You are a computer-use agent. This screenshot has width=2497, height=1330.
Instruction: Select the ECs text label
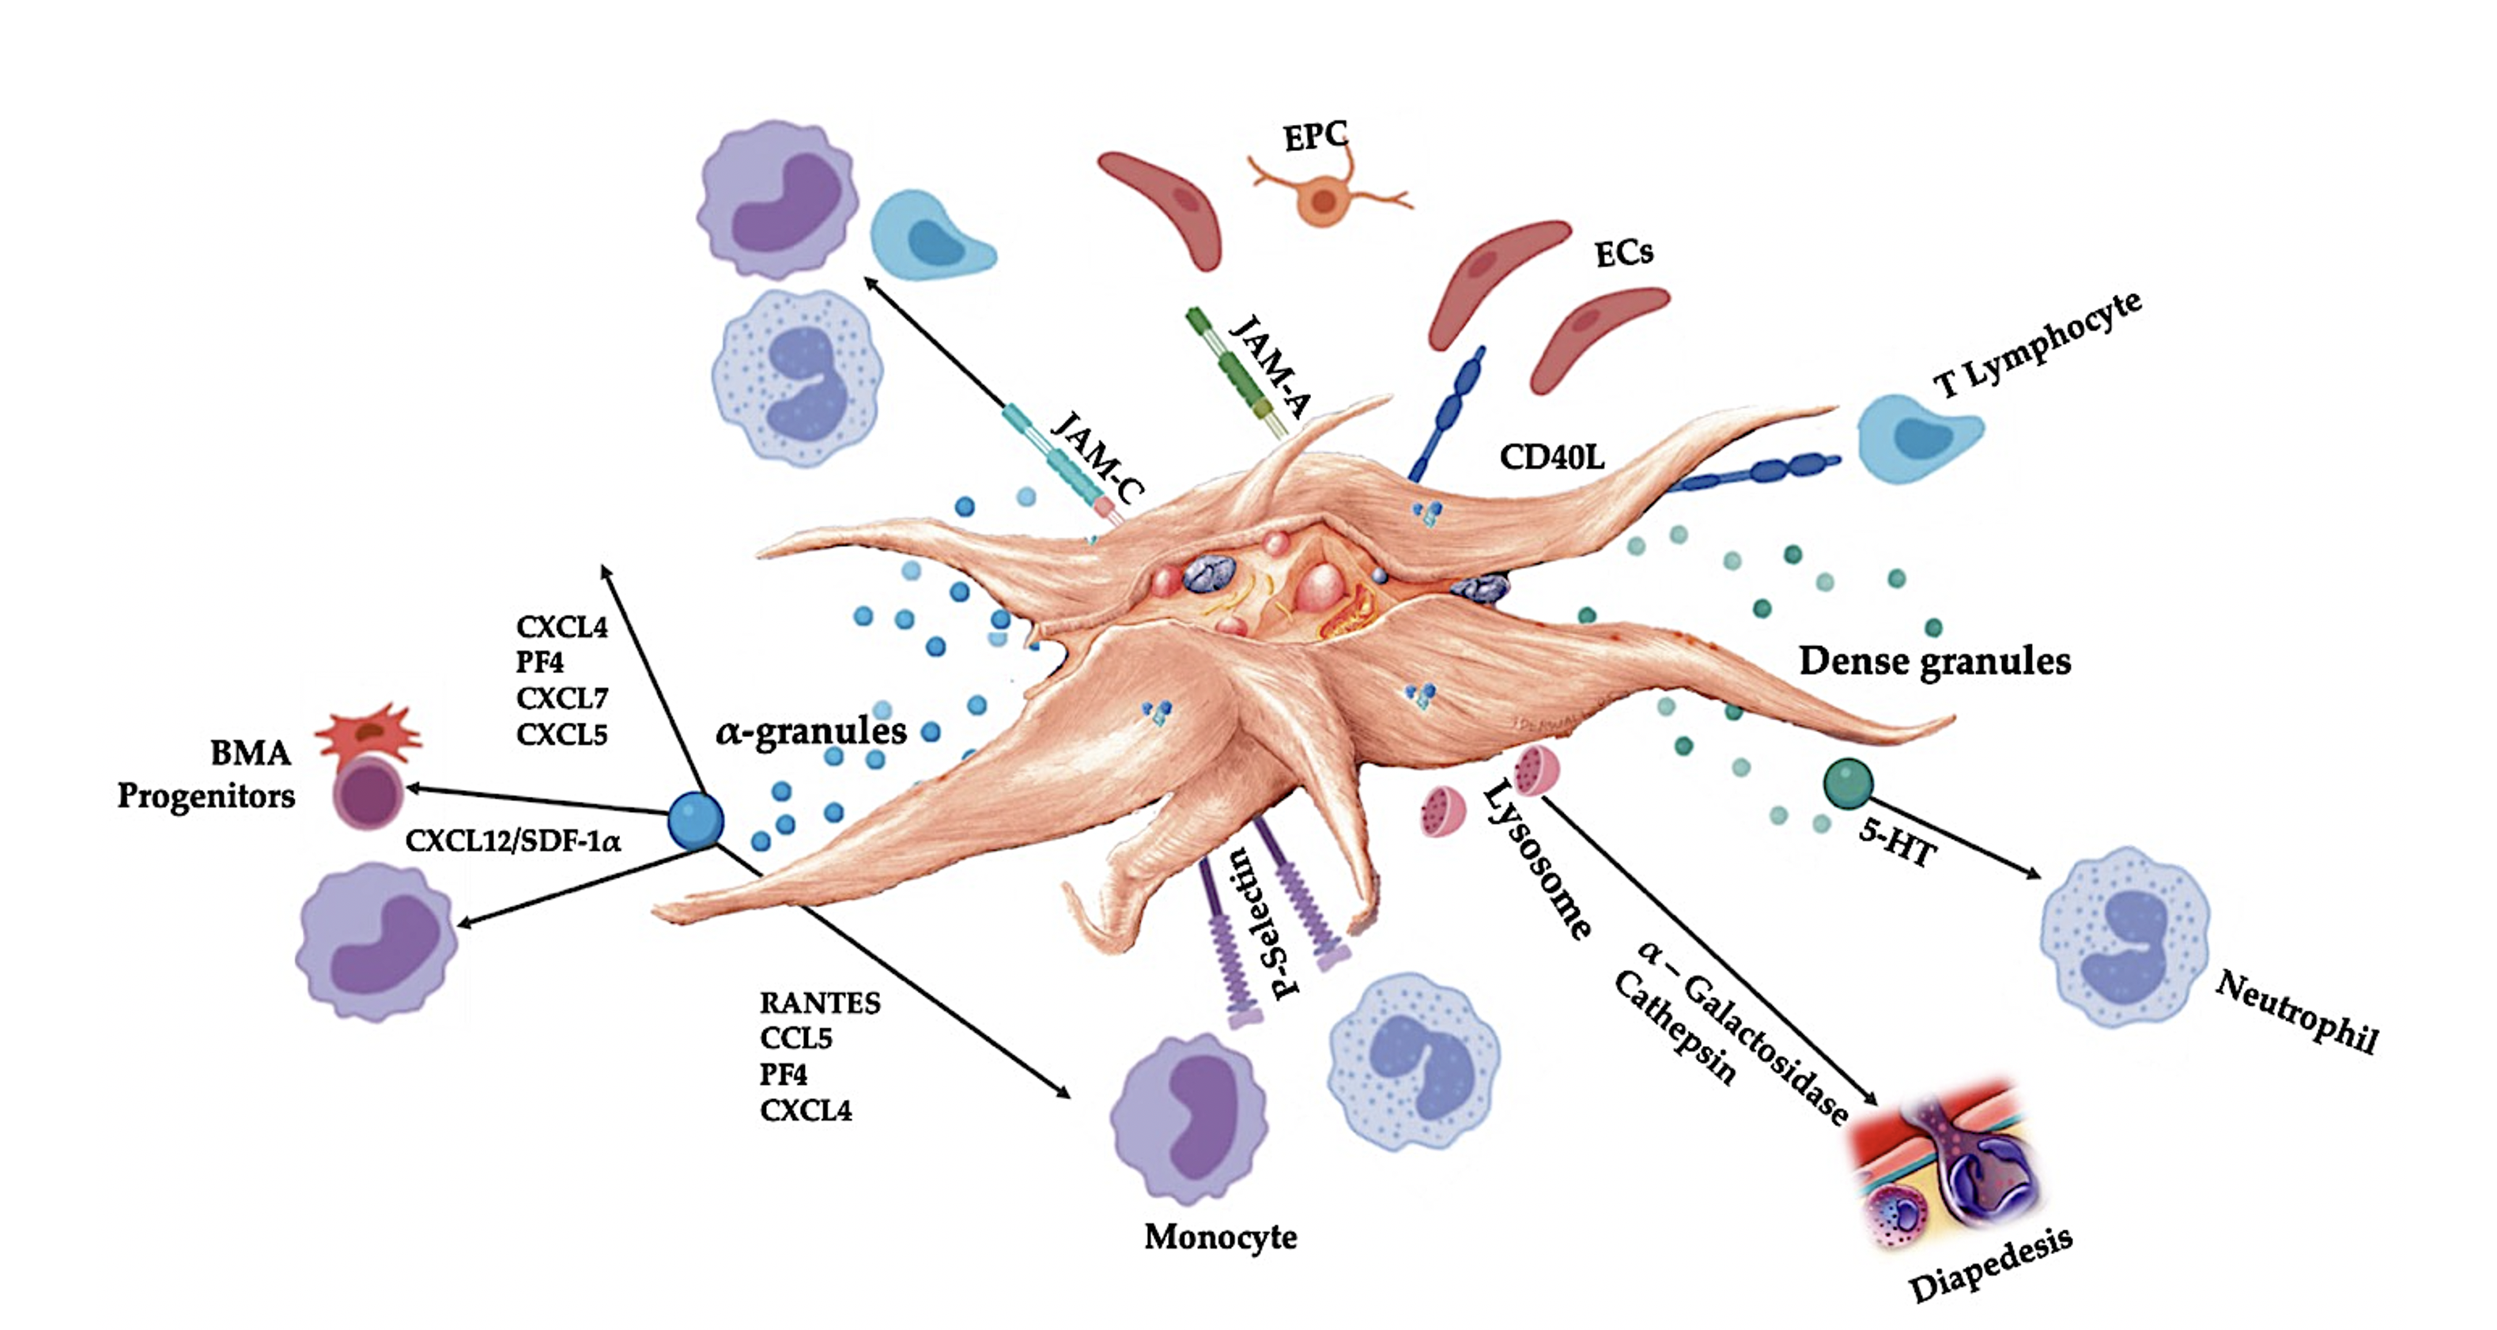tap(1623, 254)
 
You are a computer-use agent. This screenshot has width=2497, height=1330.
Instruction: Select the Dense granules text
tap(1935, 661)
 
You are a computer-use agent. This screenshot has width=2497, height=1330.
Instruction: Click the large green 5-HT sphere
tap(1848, 784)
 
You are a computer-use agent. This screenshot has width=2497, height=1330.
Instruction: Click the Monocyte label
tap(1220, 1237)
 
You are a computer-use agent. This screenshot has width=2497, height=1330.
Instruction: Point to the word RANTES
tap(820, 1003)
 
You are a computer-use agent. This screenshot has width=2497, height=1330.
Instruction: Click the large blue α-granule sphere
tap(695, 820)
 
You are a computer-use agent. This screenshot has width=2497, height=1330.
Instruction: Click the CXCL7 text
tap(562, 698)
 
